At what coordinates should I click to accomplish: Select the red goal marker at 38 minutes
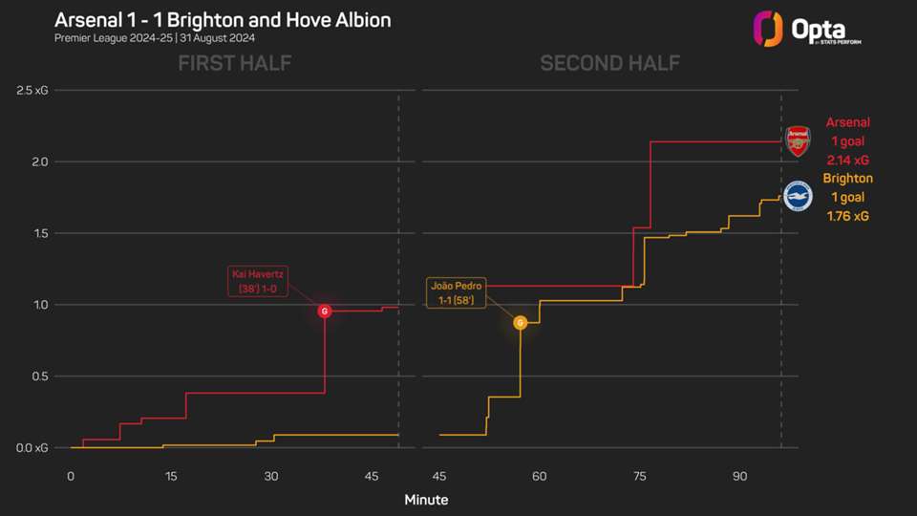(x=325, y=312)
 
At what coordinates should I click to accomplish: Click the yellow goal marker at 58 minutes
(x=521, y=323)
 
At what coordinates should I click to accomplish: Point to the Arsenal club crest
(x=798, y=141)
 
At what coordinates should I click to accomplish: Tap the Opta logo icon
(x=769, y=28)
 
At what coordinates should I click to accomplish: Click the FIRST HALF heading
(x=234, y=64)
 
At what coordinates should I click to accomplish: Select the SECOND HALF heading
(x=609, y=64)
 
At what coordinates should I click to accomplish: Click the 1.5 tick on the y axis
(x=38, y=233)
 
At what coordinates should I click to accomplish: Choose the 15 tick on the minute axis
(x=170, y=476)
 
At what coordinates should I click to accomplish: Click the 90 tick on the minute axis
(x=739, y=476)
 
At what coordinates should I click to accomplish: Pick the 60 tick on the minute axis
(x=539, y=476)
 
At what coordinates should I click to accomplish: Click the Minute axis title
(x=426, y=500)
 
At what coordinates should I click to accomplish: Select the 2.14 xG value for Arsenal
(x=848, y=160)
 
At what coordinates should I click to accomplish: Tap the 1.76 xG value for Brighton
(x=848, y=216)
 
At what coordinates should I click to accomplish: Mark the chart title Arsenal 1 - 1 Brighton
(x=223, y=19)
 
